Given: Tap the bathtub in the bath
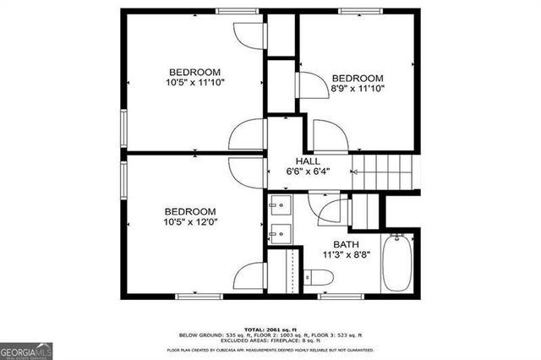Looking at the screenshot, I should point(396,262).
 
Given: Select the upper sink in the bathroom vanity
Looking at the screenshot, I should point(281,205).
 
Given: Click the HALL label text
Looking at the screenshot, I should point(307,161).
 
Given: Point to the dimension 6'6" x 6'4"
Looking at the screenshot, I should point(307,171).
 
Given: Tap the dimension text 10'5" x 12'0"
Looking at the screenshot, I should point(189,222).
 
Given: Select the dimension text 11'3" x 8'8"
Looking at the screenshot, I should point(347,254).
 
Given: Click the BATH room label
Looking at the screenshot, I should point(346,244).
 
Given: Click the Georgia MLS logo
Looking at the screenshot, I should point(25,350).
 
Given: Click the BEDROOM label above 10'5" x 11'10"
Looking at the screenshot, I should point(194,71).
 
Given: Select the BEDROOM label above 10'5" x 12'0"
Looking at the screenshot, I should point(189,211).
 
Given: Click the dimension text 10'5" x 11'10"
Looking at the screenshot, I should point(194,82).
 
